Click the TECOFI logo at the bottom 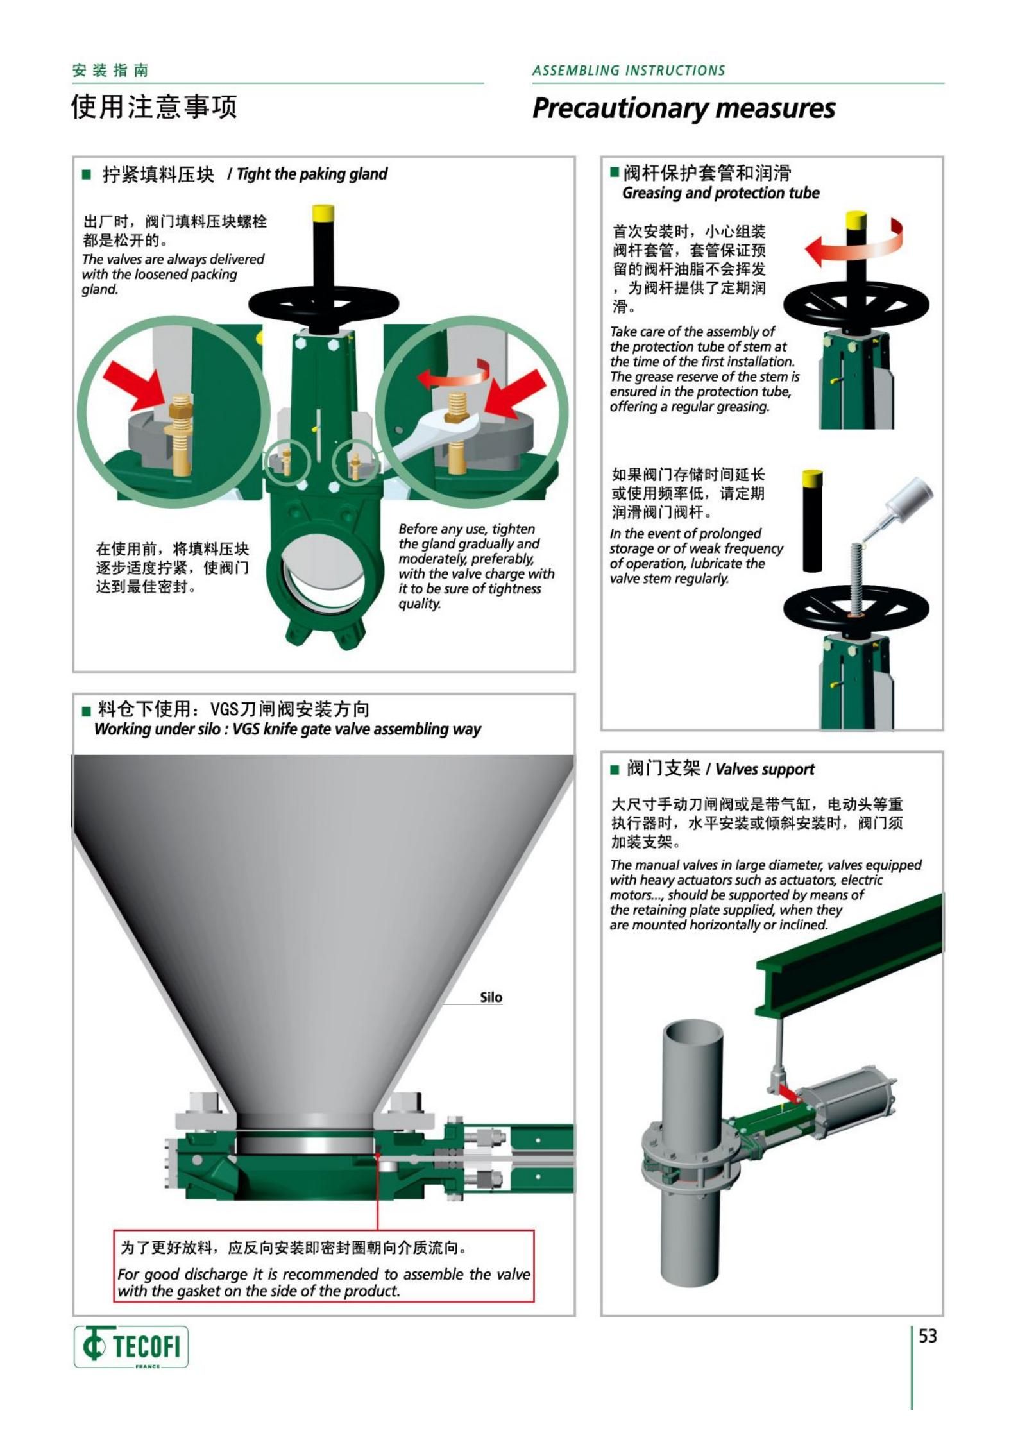[131, 1346]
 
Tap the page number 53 [928, 1336]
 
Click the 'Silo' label [491, 997]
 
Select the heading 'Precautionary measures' [684, 108]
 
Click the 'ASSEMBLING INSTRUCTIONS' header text [629, 71]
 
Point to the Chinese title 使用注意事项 [155, 106]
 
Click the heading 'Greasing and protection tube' [721, 193]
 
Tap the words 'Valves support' [765, 769]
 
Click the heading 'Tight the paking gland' [312, 174]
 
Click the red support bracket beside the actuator [788, 1091]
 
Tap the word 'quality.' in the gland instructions [420, 604]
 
